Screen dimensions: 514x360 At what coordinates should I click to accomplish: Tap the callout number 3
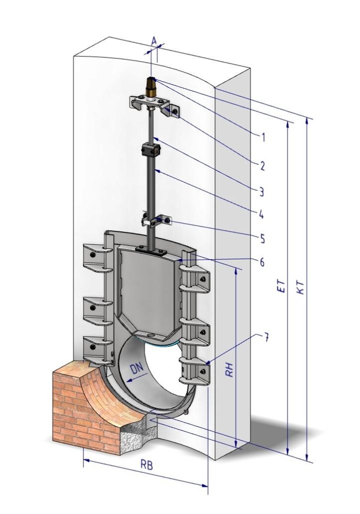261,191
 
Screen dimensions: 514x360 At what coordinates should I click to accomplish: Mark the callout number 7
266,337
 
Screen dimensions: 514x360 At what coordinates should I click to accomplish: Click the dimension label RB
146,465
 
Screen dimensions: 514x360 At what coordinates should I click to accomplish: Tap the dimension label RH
230,370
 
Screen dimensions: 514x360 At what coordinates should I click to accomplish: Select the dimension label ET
281,285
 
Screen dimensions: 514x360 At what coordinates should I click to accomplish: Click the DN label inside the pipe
136,371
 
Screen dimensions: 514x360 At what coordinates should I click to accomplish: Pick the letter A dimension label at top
153,40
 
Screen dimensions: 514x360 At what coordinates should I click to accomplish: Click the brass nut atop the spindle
150,88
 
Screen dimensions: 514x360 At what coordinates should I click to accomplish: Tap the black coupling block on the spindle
150,149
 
